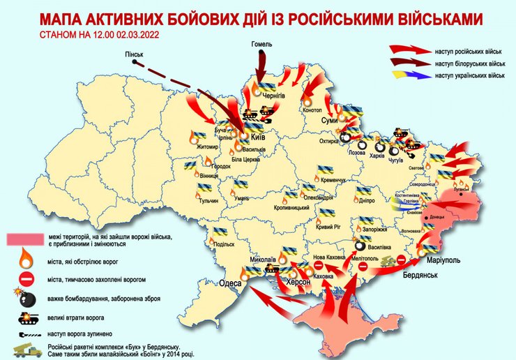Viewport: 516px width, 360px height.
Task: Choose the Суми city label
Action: pyautogui.click(x=329, y=121)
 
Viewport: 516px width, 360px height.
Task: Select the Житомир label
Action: pyautogui.click(x=190, y=147)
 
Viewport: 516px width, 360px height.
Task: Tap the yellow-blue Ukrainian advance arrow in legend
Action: pyautogui.click(x=409, y=75)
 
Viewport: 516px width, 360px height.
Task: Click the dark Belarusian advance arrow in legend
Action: pyautogui.click(x=409, y=62)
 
